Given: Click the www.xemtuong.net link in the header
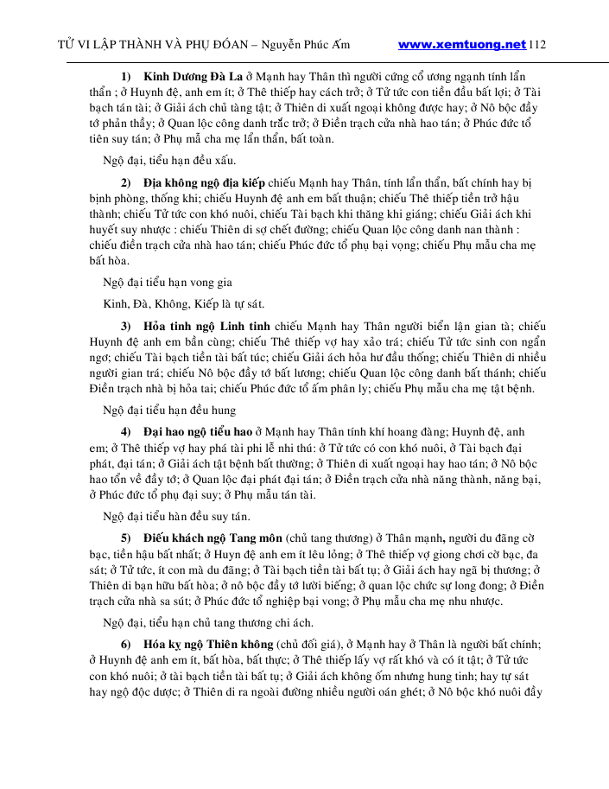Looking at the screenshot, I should [462, 44].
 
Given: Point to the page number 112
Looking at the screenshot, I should [537, 44].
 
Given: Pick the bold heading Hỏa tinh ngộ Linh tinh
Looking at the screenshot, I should [207, 326].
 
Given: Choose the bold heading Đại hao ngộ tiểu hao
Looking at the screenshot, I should [198, 430].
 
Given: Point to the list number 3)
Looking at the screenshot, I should [126, 326].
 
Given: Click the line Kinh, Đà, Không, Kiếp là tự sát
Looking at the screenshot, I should [183, 303].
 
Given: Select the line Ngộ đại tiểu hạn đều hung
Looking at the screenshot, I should [169, 410].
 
